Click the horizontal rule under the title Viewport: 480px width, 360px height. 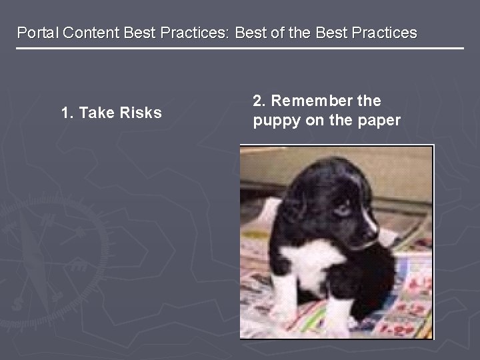pyautogui.click(x=240, y=49)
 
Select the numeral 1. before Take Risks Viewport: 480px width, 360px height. pyautogui.click(x=67, y=113)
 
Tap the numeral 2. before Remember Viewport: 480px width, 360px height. pyautogui.click(x=259, y=101)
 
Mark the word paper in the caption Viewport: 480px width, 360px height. pyautogui.click(x=377, y=121)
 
